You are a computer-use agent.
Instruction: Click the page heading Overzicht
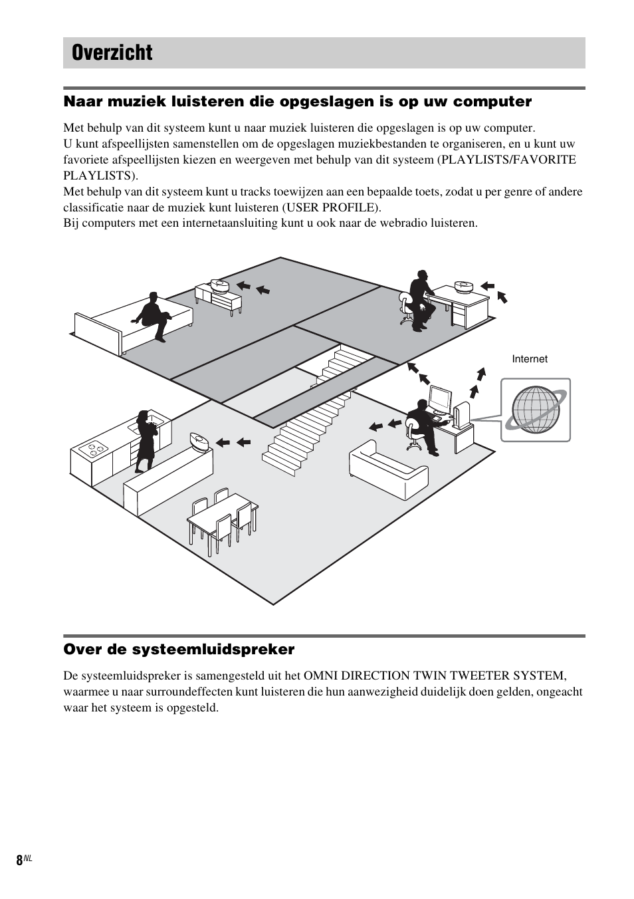(112, 53)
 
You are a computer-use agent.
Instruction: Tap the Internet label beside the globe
(530, 359)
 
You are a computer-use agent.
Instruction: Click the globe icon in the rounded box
(535, 410)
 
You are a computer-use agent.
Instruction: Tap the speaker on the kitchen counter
(199, 440)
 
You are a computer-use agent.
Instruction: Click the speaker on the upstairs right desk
(463, 287)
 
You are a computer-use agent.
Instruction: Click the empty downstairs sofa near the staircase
(389, 469)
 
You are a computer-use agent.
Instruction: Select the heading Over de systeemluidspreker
(179, 649)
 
